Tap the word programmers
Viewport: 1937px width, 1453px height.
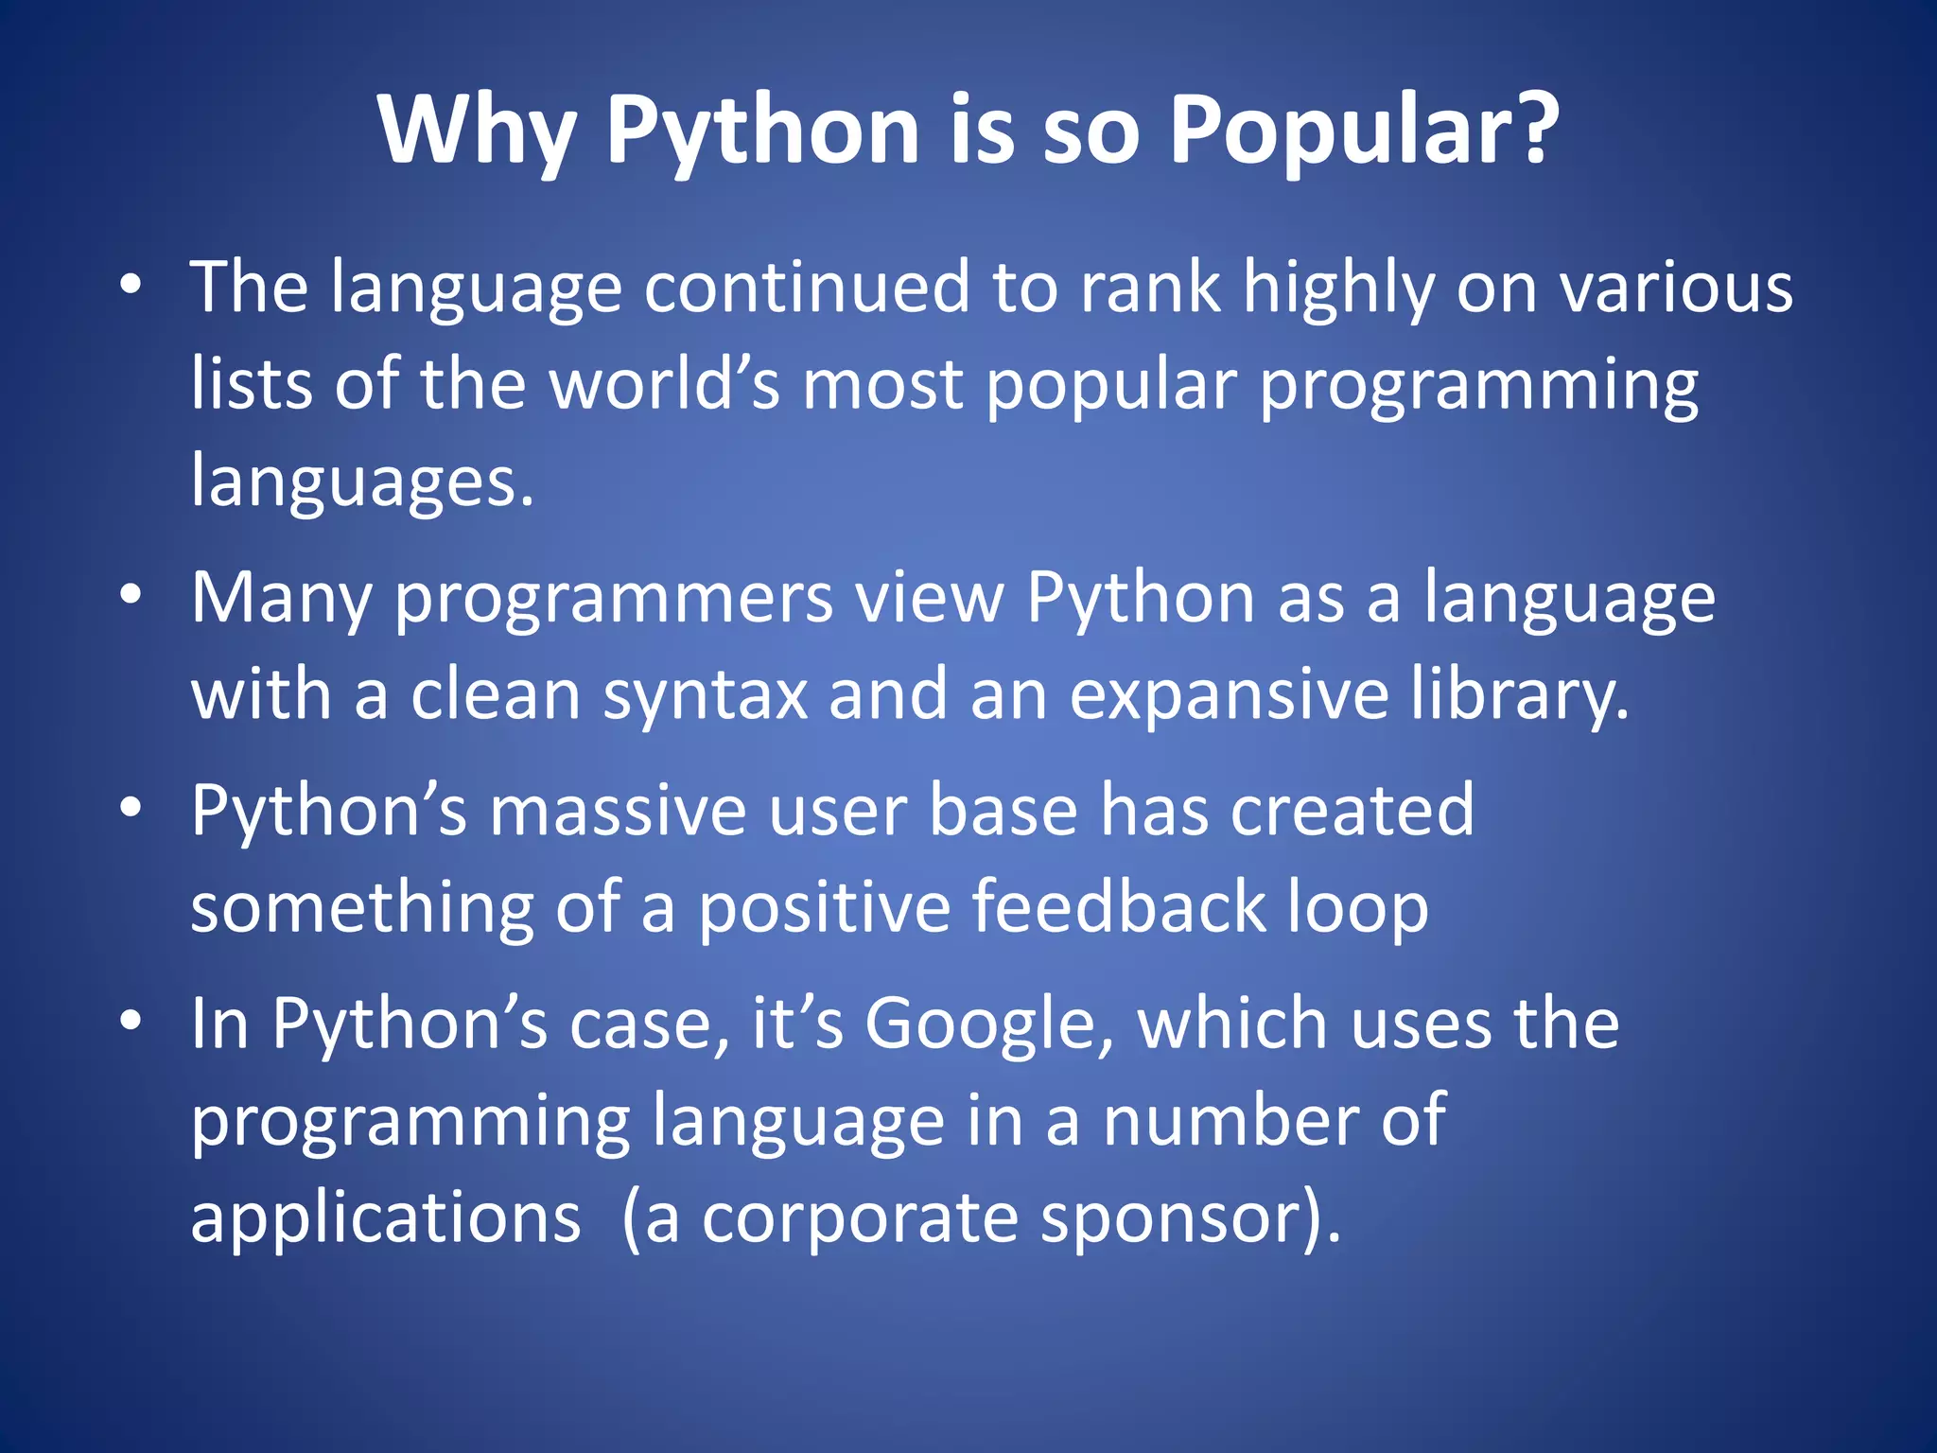[614, 600]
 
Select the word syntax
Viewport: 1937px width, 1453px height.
[706, 694]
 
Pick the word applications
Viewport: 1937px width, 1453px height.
[386, 1219]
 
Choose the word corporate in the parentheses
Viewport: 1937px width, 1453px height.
[860, 1219]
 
